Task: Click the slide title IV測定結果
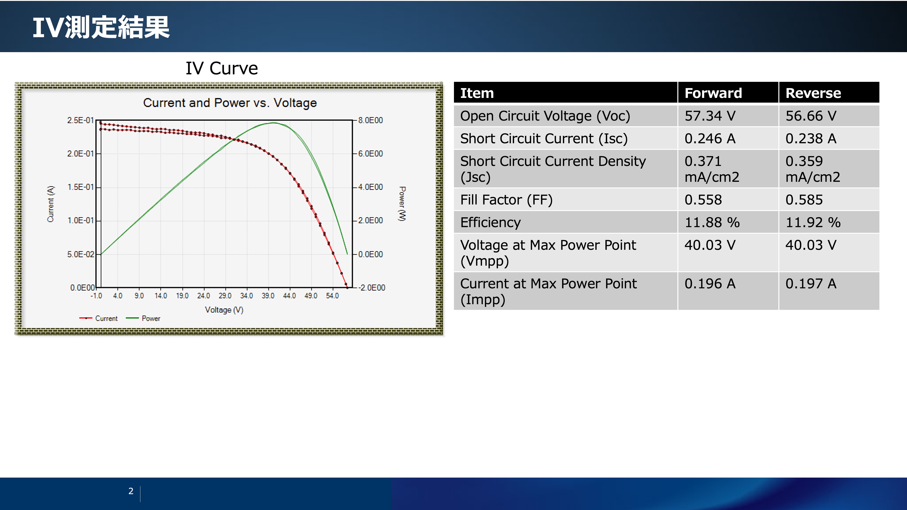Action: (101, 27)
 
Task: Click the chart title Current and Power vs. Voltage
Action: (230, 103)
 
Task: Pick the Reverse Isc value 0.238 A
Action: (811, 138)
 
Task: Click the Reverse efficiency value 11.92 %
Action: (813, 222)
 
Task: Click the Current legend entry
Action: (99, 318)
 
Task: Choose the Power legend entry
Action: (143, 318)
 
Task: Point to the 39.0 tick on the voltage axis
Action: (268, 296)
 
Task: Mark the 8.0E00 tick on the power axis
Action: (371, 120)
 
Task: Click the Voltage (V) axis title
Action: (224, 310)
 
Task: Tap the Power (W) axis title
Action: (402, 204)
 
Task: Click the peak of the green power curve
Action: (274, 123)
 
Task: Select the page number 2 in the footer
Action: (131, 491)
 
